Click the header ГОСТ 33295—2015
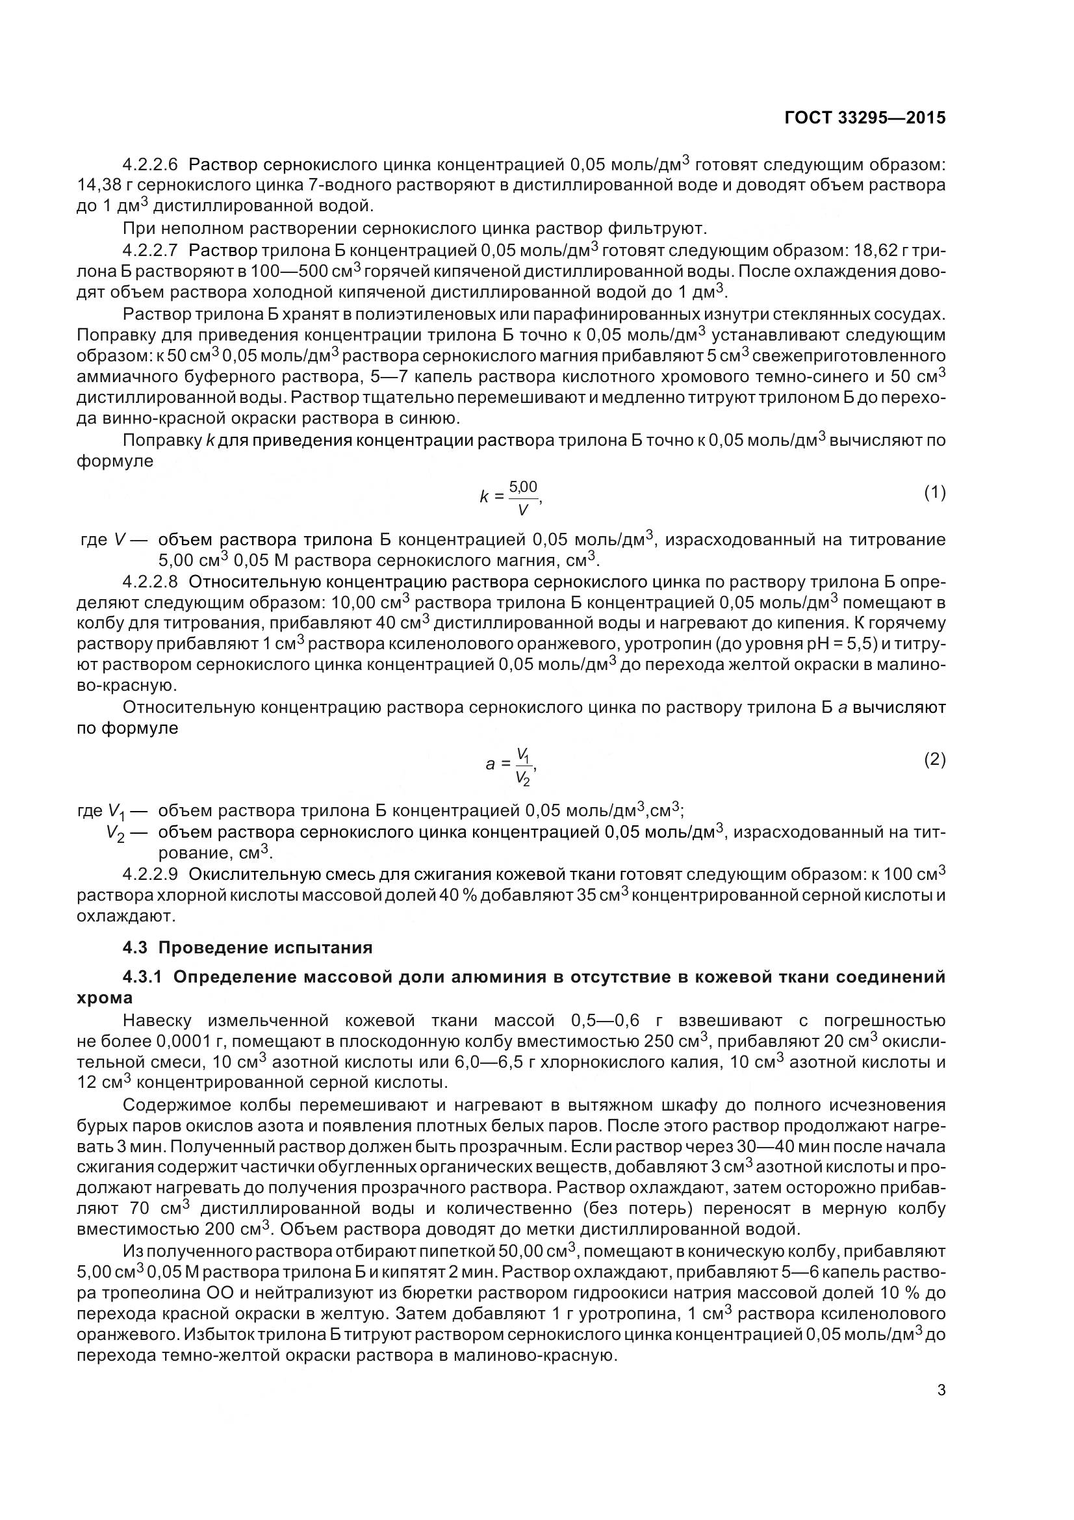865,118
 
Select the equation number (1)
934,493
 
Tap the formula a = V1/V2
511,765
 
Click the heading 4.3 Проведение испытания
248,947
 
